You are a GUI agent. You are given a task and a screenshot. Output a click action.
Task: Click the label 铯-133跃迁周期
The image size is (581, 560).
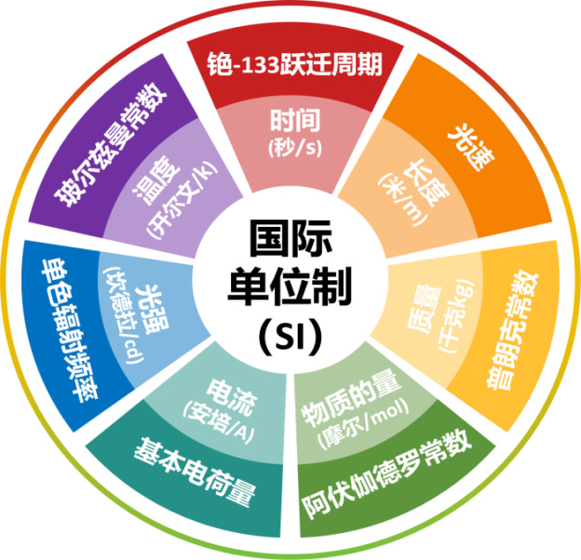pyautogui.click(x=294, y=64)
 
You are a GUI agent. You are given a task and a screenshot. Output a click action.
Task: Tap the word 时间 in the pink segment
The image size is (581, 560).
pyautogui.click(x=295, y=120)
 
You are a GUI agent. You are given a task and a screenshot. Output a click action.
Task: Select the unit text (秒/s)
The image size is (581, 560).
pyautogui.click(x=295, y=148)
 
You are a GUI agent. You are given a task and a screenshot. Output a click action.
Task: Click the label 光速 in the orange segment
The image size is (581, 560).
pyautogui.click(x=471, y=147)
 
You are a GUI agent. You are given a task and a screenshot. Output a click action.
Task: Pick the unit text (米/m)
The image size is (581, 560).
pyautogui.click(x=402, y=199)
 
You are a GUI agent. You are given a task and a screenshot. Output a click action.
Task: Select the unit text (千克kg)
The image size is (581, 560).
pyautogui.click(x=456, y=315)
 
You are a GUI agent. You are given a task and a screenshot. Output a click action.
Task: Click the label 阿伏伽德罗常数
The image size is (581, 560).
pyautogui.click(x=386, y=474)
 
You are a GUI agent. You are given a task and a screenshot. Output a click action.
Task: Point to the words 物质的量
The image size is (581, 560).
pyautogui.click(x=350, y=403)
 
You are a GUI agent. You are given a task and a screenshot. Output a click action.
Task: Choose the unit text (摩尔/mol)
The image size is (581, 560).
pyautogui.click(x=363, y=425)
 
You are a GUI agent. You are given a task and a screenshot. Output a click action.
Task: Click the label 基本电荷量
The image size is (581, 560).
pyautogui.click(x=196, y=471)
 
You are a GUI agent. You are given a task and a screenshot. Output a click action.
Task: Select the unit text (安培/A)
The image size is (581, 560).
pyautogui.click(x=219, y=422)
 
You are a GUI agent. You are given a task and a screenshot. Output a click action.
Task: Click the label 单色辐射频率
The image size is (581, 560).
pyautogui.click(x=69, y=330)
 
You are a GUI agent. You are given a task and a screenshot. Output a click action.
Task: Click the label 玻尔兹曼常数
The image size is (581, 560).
pyautogui.click(x=111, y=145)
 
